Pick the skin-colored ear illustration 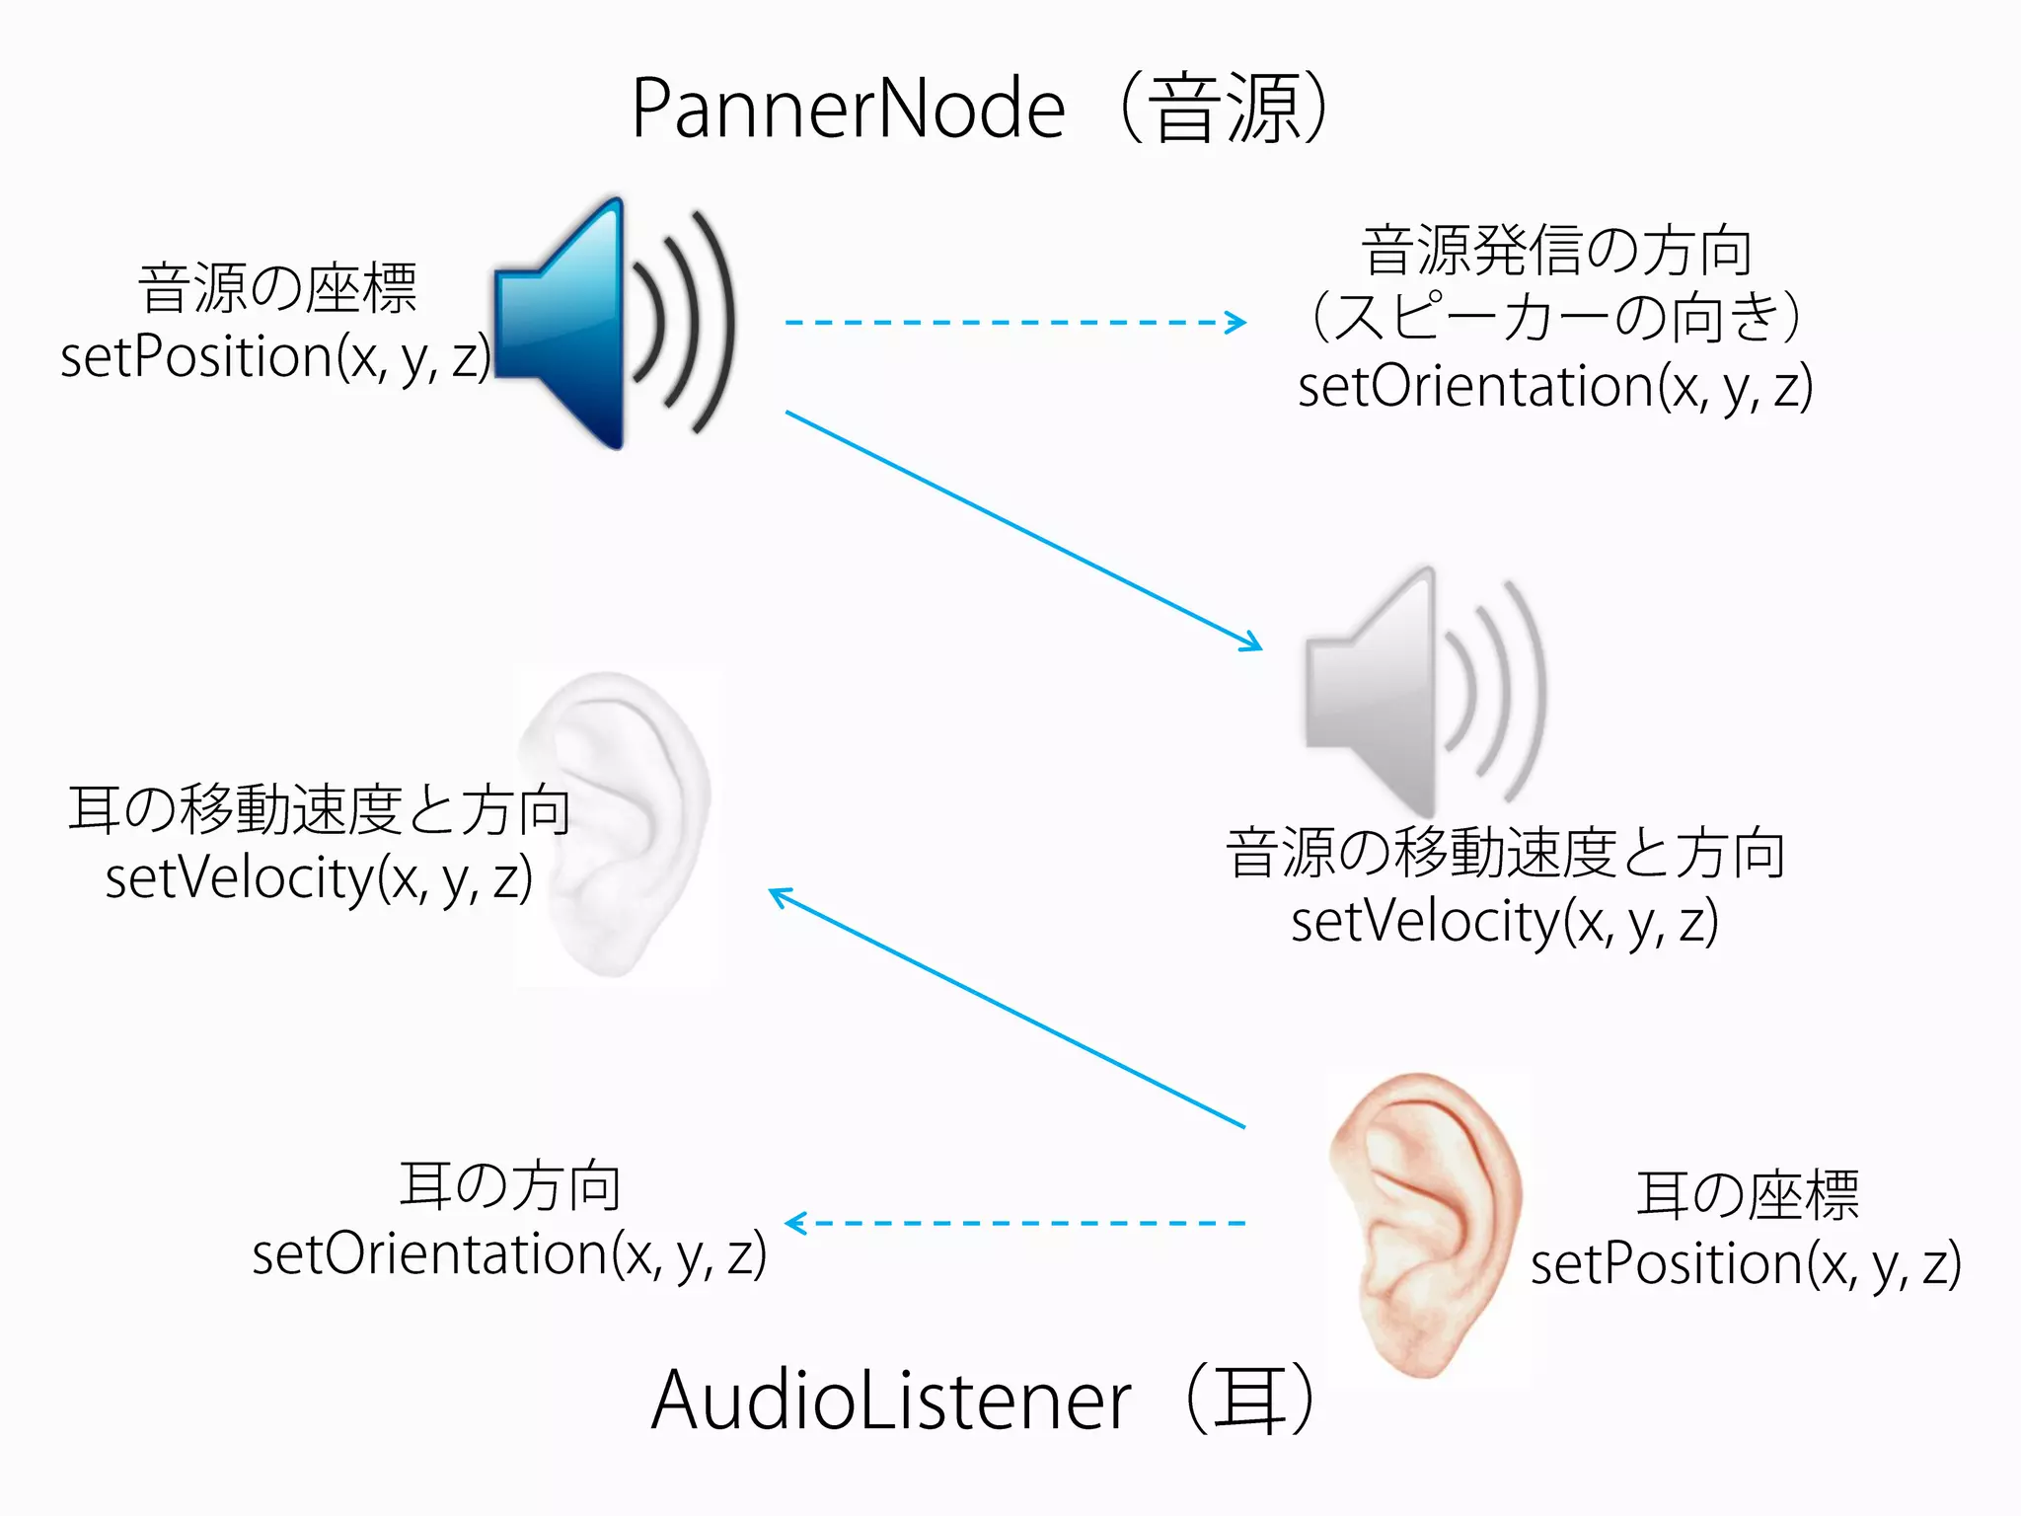click(1427, 1229)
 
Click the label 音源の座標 click(277, 289)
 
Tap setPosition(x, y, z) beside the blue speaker click(275, 356)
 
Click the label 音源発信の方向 click(1556, 251)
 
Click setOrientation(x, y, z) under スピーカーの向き click(1555, 386)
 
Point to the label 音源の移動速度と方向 click(1505, 854)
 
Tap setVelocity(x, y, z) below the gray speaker click(1505, 922)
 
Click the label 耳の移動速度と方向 click(319, 810)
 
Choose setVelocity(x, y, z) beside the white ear click(319, 878)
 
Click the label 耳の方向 click(509, 1186)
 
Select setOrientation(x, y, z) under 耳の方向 click(509, 1254)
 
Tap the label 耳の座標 click(1747, 1195)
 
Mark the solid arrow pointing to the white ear click(1007, 1008)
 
